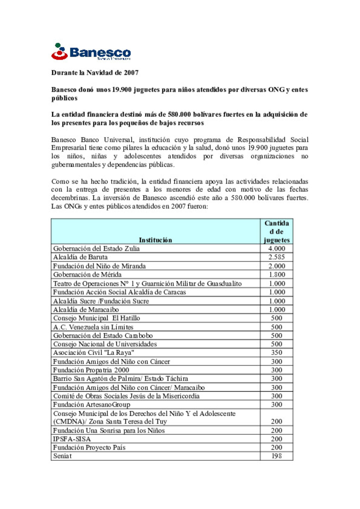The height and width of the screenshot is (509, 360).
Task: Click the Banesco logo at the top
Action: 91,52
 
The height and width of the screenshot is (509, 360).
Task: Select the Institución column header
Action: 155,240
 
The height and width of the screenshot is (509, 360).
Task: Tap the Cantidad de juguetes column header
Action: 277,232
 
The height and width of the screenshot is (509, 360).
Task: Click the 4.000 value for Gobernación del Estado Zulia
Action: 277,249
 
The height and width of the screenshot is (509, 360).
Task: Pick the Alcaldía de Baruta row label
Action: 80,257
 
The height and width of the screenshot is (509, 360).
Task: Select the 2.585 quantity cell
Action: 277,257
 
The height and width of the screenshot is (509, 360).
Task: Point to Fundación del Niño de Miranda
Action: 99,266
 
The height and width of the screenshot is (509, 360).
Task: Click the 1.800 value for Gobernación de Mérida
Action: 277,274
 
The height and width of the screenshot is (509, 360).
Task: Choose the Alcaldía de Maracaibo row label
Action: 86,309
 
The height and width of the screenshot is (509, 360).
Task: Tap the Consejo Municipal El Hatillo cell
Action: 97,318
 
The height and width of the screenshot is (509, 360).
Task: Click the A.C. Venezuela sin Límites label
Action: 93,327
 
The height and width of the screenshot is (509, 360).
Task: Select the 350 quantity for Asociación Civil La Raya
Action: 277,352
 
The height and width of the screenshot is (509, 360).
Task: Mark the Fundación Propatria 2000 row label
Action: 91,370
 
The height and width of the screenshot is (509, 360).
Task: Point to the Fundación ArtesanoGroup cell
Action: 92,404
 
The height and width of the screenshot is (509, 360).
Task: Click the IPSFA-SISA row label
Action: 72,439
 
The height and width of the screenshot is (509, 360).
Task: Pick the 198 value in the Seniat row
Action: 277,456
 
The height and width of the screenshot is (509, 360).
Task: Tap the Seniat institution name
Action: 62,456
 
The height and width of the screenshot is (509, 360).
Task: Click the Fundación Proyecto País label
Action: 89,447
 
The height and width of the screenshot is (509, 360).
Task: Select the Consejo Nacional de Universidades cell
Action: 105,344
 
